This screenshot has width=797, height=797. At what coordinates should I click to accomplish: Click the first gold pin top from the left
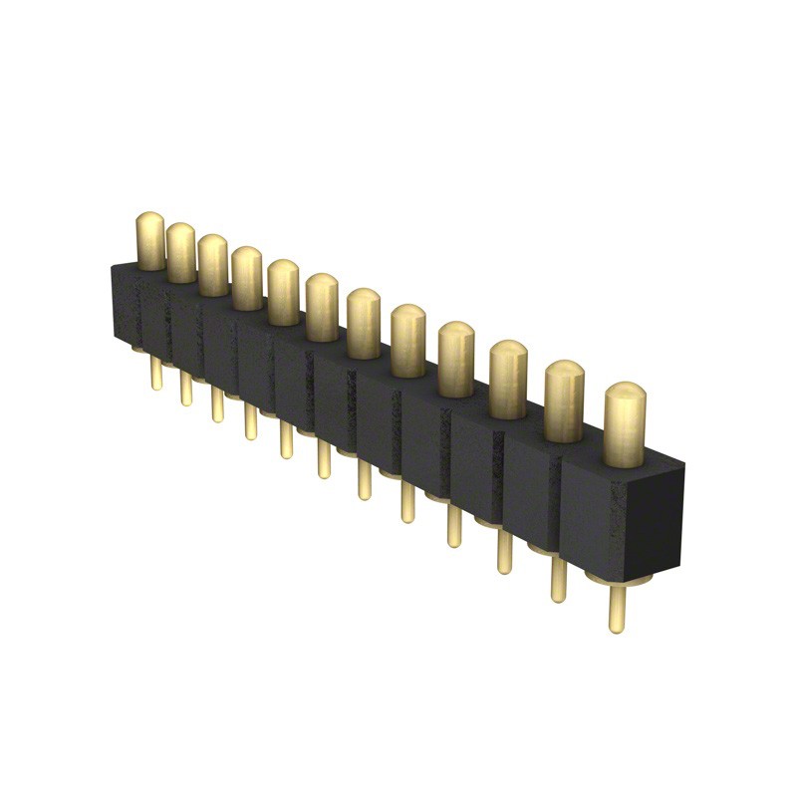point(150,241)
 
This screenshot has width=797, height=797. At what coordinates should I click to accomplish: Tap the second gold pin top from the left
point(180,252)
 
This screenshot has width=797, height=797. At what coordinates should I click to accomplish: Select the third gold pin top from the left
point(212,265)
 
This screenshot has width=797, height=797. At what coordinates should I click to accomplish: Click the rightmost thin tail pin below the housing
point(618,610)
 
